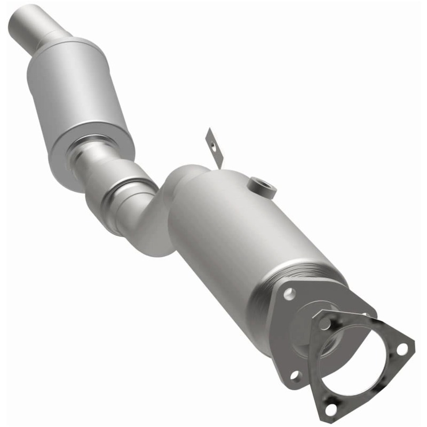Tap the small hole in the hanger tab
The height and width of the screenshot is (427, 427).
click(x=212, y=143)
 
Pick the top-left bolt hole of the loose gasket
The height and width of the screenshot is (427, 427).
click(x=325, y=323)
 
